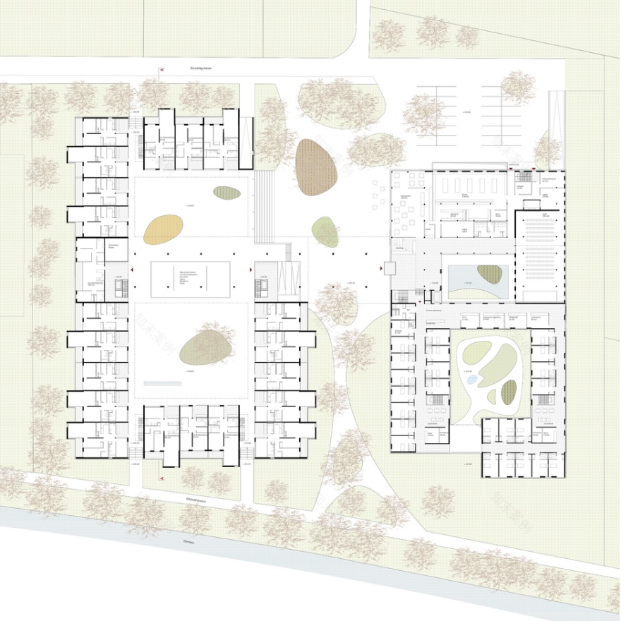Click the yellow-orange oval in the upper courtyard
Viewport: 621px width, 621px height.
pos(163,229)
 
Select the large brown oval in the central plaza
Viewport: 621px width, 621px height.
pos(316,167)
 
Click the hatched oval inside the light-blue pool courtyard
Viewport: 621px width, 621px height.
pos(489,273)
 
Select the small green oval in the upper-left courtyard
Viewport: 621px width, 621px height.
pos(227,193)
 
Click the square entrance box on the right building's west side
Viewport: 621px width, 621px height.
pos(387,268)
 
